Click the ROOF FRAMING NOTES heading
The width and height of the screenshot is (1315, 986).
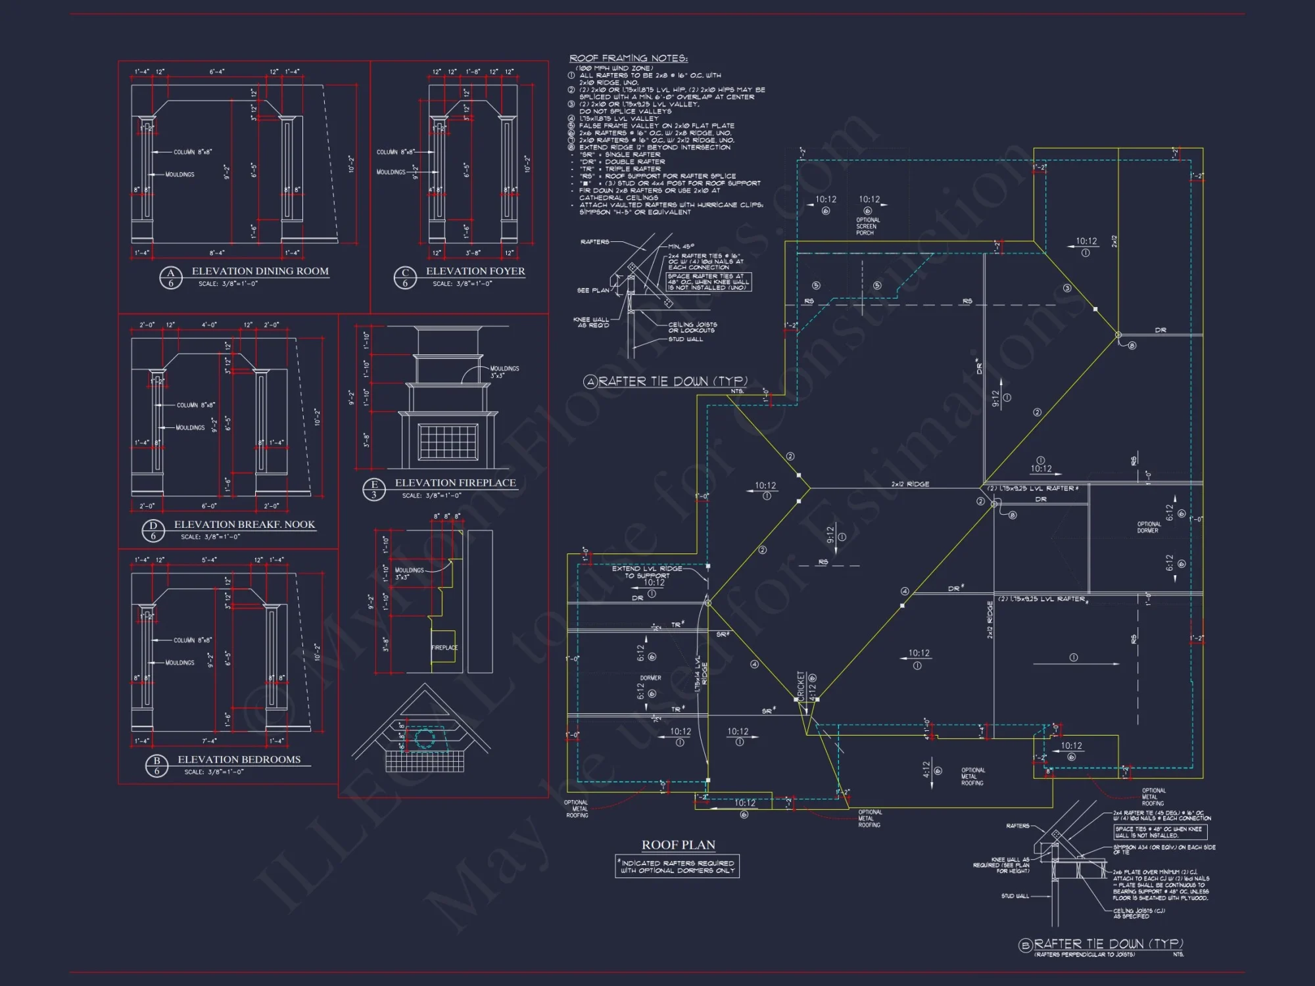click(x=628, y=59)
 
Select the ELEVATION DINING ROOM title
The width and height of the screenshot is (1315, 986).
click(x=260, y=271)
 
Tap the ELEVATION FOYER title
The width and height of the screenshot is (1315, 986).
click(x=475, y=271)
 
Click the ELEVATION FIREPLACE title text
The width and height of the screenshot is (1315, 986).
click(x=455, y=483)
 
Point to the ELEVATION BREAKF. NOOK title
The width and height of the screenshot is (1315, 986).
click(x=244, y=525)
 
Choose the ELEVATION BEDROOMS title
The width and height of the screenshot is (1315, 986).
click(x=239, y=760)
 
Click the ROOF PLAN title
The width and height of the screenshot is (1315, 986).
click(x=678, y=845)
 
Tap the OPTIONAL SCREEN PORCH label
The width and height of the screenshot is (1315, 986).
click(x=867, y=226)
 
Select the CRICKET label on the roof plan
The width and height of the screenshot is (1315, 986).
click(x=801, y=685)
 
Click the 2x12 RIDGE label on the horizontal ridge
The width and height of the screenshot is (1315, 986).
click(x=910, y=484)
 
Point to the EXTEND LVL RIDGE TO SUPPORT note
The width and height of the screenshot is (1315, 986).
click(x=647, y=572)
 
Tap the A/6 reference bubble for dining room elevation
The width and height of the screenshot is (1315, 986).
click(x=171, y=278)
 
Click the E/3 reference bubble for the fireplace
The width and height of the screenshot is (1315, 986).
click(x=374, y=490)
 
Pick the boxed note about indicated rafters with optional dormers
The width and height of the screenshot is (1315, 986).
click(x=677, y=866)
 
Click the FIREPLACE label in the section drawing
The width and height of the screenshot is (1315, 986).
click(x=444, y=648)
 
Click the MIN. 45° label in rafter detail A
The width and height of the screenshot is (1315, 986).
click(x=681, y=247)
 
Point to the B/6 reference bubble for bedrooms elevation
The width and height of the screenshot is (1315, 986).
click(x=156, y=766)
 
